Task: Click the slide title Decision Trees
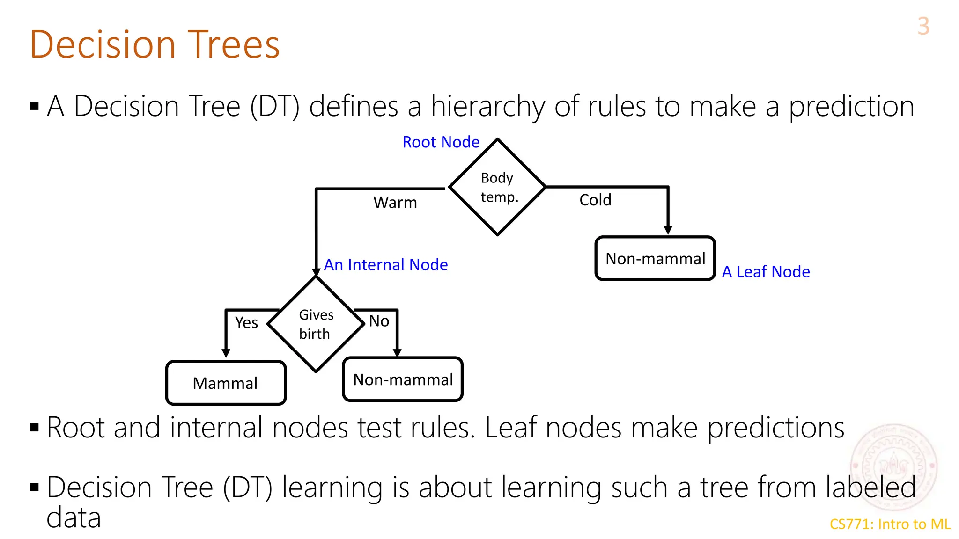(155, 44)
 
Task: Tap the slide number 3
(923, 26)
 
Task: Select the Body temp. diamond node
(497, 187)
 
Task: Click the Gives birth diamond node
(316, 324)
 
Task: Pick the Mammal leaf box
(226, 383)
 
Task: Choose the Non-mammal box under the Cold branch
(655, 258)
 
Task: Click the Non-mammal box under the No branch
(403, 379)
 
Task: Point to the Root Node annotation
(441, 142)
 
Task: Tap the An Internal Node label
(386, 265)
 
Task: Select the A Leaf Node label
(766, 272)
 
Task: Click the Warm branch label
(395, 203)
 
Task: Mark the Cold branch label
(595, 200)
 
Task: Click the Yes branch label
(246, 322)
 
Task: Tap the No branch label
(379, 321)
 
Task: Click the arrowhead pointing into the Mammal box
(226, 353)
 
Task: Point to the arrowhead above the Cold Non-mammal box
(668, 230)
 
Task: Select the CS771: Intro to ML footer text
(890, 524)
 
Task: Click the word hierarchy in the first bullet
(487, 107)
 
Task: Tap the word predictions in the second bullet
(775, 428)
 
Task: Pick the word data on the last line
(74, 518)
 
